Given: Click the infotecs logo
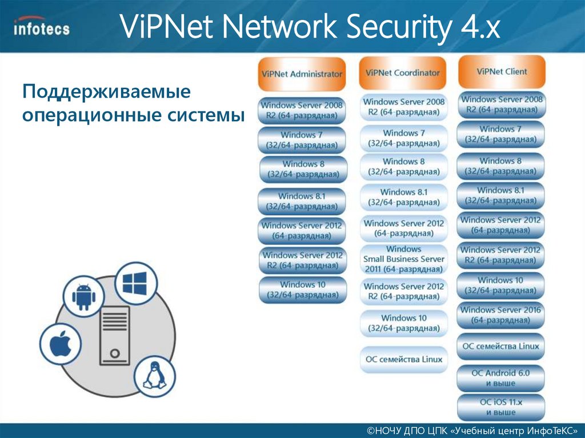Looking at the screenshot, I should [x=41, y=27].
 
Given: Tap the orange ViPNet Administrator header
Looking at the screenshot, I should [x=302, y=74].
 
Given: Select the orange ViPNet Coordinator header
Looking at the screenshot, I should [x=403, y=73].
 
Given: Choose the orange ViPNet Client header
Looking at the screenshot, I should [x=501, y=71].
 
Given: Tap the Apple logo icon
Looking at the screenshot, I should [x=59, y=345].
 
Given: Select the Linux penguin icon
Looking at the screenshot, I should [x=154, y=377].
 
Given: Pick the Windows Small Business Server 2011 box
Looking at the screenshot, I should [x=403, y=259].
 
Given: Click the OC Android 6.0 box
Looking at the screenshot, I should [x=501, y=378].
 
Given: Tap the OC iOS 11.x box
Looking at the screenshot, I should [x=501, y=407].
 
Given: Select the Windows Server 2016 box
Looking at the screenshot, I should [x=501, y=316].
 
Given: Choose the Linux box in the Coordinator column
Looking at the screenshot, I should [x=403, y=359].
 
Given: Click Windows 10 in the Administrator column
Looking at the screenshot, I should [x=302, y=290].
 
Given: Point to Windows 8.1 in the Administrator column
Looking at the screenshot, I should [x=302, y=201].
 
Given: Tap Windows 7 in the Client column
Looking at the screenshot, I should [x=501, y=134].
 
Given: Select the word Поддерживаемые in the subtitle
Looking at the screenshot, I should [x=106, y=91].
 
